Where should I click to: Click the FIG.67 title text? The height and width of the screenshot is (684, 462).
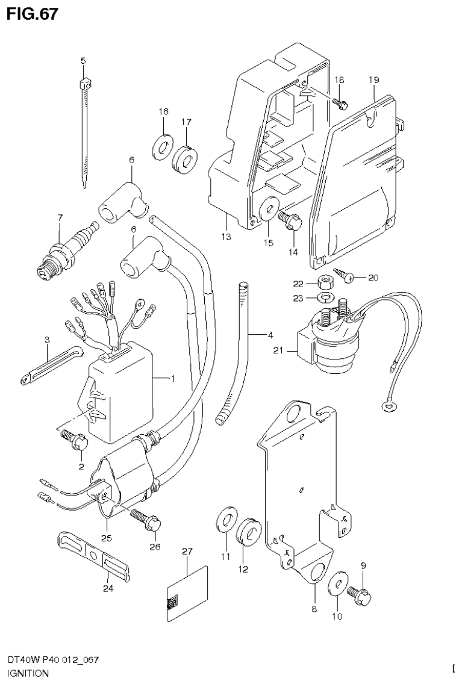pos(33,14)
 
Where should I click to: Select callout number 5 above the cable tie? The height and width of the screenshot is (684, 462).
pos(83,60)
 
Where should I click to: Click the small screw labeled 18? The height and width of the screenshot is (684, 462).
pos(339,103)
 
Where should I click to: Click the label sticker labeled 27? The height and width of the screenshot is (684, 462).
pos(187,594)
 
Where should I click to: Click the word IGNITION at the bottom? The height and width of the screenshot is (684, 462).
pos(28,673)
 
